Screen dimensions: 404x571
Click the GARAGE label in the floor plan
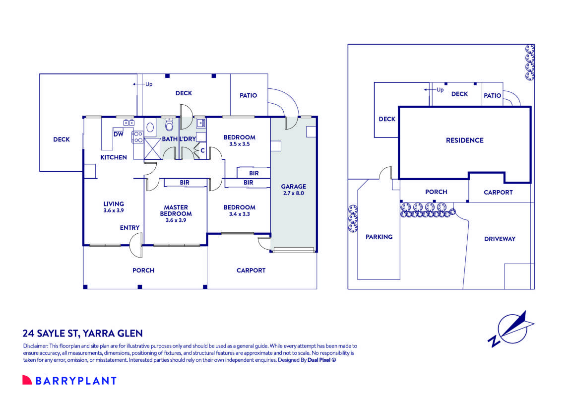tap(294, 187)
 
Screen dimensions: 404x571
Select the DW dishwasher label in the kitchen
tap(119, 134)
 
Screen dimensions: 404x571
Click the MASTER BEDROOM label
tap(176, 210)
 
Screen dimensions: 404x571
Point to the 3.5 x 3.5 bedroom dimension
tap(239, 144)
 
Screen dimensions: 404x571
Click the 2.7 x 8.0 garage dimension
tap(294, 194)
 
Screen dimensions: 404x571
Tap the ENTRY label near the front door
tap(129, 228)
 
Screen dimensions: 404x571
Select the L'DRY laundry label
tap(188, 139)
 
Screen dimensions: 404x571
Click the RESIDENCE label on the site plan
tap(464, 140)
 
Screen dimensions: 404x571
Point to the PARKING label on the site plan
tap(379, 237)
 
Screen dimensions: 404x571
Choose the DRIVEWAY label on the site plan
tap(500, 239)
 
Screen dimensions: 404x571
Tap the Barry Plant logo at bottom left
tap(69, 381)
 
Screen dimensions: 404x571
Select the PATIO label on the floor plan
tap(248, 95)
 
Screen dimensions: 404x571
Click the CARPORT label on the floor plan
tap(251, 270)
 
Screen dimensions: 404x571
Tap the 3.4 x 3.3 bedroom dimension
tap(239, 214)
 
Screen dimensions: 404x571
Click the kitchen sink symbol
tap(129, 122)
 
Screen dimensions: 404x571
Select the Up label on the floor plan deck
tap(149, 84)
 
